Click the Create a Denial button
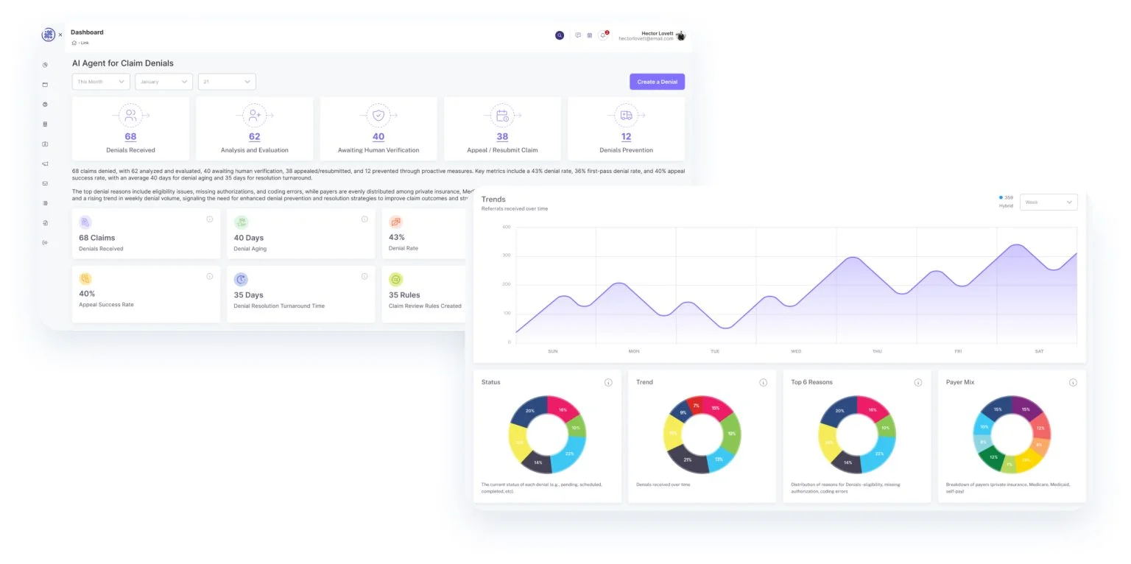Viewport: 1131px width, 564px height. [x=657, y=82]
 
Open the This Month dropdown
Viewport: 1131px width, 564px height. [x=101, y=82]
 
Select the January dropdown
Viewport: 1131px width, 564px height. [x=163, y=82]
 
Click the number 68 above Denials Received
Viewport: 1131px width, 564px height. [x=130, y=136]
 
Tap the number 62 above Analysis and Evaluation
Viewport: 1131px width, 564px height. [x=254, y=136]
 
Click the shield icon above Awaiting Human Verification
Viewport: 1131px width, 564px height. [x=378, y=116]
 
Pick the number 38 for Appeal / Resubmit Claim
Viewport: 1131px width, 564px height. [x=502, y=136]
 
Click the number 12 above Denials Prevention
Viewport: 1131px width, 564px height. [x=626, y=136]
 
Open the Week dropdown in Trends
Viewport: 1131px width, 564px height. [x=1048, y=202]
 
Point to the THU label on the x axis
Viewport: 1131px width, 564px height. [x=877, y=351]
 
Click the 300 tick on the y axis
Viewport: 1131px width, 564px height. [x=506, y=255]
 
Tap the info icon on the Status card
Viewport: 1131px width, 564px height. [x=608, y=382]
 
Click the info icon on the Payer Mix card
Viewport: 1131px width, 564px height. [x=1073, y=382]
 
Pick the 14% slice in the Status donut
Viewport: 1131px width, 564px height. [x=538, y=462]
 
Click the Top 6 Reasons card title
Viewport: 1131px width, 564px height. [x=811, y=382]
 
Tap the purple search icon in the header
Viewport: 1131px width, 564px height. [x=560, y=35]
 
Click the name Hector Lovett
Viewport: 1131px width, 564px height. [x=657, y=33]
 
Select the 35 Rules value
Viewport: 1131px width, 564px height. [x=404, y=295]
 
